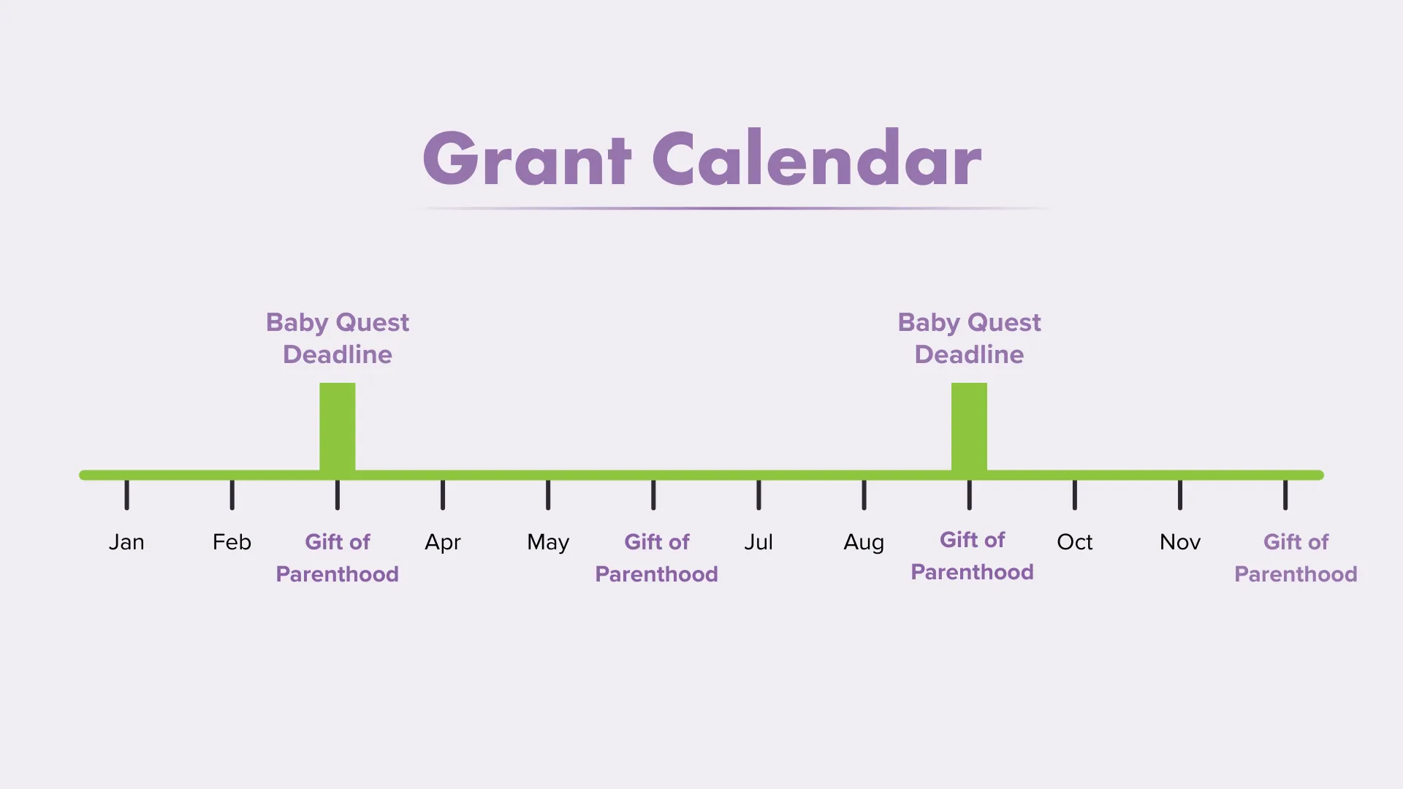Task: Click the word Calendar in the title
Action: click(816, 159)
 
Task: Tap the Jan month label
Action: click(126, 542)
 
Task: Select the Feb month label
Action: click(232, 542)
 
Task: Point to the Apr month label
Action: click(443, 542)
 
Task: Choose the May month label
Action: click(548, 543)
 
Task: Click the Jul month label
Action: click(758, 542)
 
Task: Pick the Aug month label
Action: click(864, 543)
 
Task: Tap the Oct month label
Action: click(1074, 542)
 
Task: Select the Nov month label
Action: click(1180, 542)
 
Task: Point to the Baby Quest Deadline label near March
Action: click(338, 338)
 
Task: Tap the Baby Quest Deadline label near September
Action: click(969, 338)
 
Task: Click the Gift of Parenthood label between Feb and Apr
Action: click(338, 557)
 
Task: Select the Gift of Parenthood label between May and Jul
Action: click(656, 557)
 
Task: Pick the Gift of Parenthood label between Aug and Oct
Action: click(972, 556)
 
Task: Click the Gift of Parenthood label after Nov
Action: click(1296, 557)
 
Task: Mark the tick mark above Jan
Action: click(126, 495)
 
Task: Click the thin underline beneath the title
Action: click(731, 208)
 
